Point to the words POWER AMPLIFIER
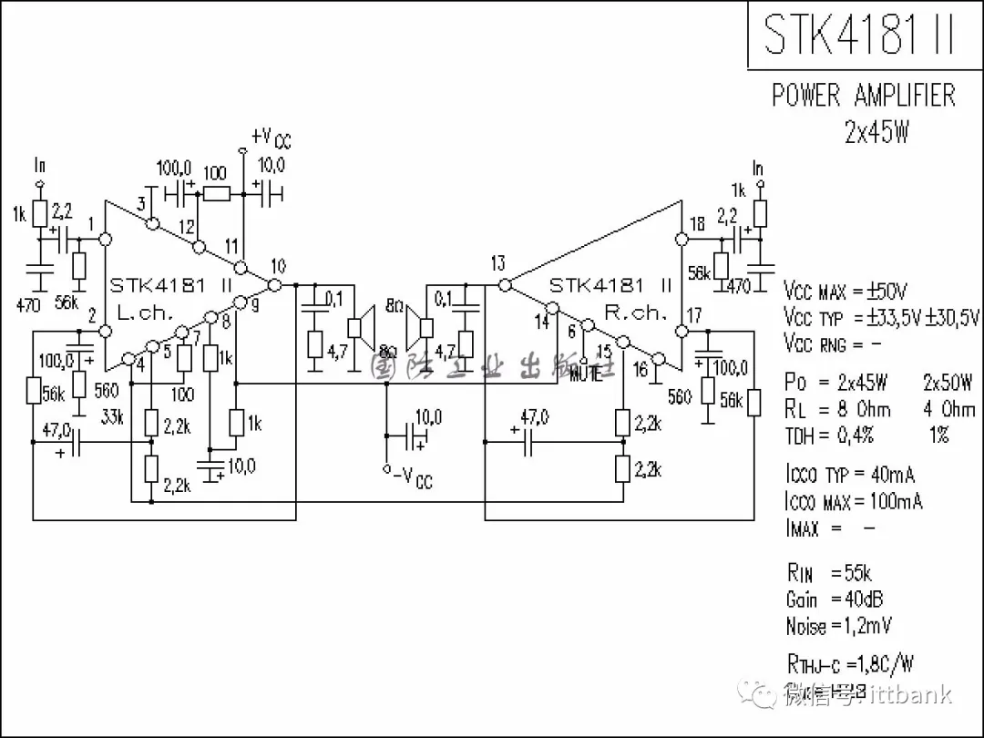coord(863,96)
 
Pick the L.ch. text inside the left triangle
coord(145,312)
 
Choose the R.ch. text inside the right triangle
coord(635,312)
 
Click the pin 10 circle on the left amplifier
coord(274,284)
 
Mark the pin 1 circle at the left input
coord(105,240)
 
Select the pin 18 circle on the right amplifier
coord(680,240)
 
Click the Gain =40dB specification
coord(834,600)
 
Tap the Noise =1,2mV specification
coord(838,626)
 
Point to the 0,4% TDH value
coord(855,436)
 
